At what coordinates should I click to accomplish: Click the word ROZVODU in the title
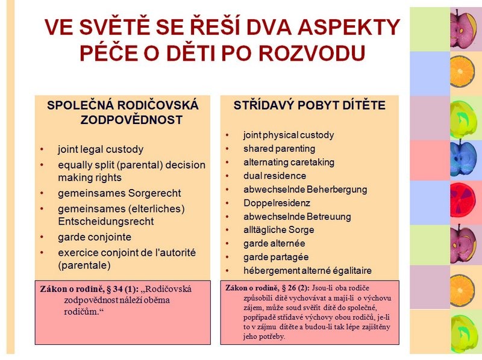312,53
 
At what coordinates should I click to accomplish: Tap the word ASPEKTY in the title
349,27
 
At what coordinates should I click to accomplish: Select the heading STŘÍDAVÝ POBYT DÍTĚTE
309,105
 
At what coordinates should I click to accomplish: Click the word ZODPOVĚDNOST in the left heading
131,120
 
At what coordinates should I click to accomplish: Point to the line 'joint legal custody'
101,149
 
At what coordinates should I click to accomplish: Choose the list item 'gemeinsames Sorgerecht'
119,193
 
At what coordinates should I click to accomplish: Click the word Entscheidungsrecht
106,222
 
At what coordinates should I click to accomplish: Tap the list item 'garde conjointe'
95,237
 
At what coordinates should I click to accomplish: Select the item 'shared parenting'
279,149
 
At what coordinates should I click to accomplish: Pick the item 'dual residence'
275,176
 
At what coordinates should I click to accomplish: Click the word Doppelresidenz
277,203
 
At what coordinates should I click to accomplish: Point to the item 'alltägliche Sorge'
278,230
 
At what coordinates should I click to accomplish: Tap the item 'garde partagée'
276,257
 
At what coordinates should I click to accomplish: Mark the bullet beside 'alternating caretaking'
227,163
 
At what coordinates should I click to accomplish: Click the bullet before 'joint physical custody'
227,135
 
